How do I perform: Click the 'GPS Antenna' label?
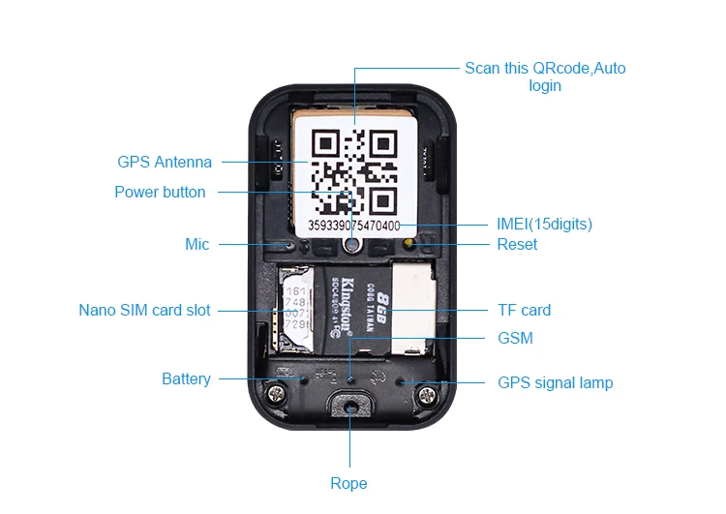coord(165,162)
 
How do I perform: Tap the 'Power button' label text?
coord(160,192)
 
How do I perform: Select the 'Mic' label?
coord(197,244)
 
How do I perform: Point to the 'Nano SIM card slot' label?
coord(144,311)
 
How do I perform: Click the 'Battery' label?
coord(186,378)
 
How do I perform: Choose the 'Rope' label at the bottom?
coord(348,483)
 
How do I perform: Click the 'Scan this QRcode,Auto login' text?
coord(545,76)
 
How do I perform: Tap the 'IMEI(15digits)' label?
coord(544,224)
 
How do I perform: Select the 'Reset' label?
coord(517,244)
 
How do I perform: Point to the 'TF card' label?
coord(524,311)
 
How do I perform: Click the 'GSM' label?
coord(515,338)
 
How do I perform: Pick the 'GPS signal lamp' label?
coord(555,382)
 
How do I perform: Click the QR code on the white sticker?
coord(354,173)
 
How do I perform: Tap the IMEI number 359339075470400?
coord(354,225)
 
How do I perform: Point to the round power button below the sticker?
coord(351,247)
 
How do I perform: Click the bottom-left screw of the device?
coord(279,395)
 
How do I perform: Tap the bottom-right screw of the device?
coord(423,395)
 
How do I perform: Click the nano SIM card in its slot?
coord(296,309)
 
